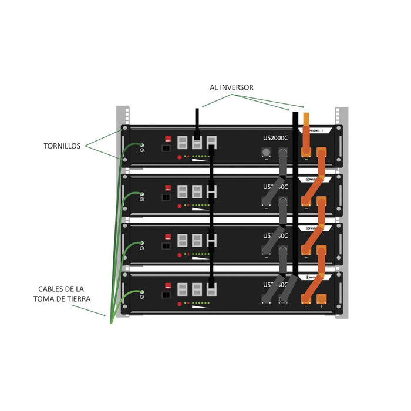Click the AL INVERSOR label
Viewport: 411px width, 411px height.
click(x=231, y=87)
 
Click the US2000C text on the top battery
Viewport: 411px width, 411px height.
click(x=276, y=138)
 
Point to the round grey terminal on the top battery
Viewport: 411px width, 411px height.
click(x=265, y=152)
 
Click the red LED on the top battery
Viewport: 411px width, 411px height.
click(x=180, y=157)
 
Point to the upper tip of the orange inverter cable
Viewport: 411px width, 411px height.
click(x=306, y=115)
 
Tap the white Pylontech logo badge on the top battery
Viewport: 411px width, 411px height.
click(x=318, y=130)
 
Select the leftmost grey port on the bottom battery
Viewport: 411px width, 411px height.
click(x=182, y=289)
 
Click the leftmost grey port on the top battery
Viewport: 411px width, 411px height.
click(x=182, y=142)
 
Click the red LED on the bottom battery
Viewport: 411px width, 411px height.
click(x=180, y=305)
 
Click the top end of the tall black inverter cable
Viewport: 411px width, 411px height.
click(x=295, y=113)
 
